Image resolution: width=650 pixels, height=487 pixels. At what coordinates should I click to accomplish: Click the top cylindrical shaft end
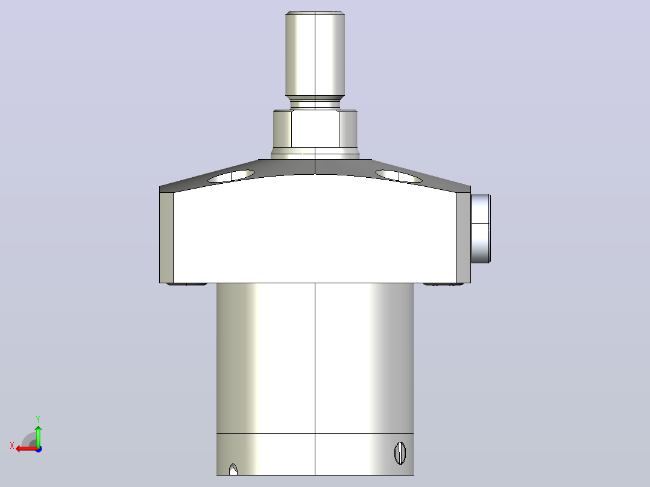point(315,54)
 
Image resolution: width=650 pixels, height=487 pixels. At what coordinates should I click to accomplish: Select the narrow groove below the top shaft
point(315,104)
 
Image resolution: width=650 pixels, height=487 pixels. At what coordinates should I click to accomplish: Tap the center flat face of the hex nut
point(315,130)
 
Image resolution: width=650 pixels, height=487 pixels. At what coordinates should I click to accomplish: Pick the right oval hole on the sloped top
point(399,176)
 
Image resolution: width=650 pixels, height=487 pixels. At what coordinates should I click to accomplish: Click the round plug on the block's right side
point(481,228)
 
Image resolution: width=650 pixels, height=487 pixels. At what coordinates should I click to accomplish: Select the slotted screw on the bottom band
point(400,453)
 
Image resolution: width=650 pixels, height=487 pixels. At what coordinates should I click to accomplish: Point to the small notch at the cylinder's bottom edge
point(233,470)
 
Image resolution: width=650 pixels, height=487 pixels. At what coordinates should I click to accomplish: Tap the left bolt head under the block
point(186,284)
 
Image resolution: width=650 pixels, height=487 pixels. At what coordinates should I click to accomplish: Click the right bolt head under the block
point(443,284)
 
